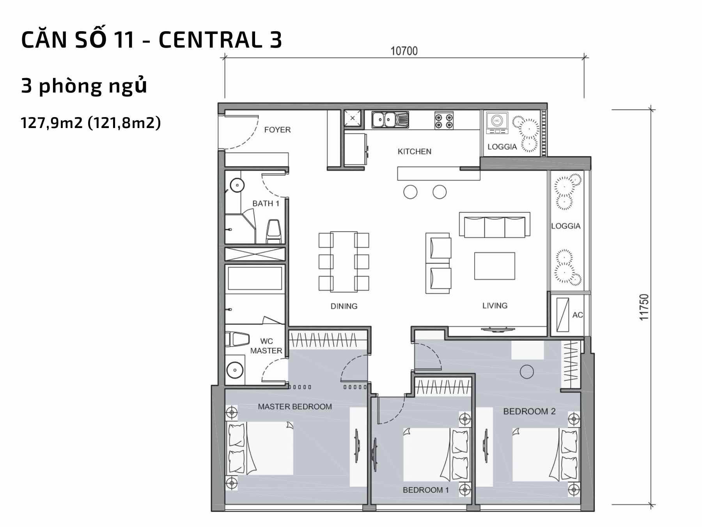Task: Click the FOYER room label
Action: click(277, 130)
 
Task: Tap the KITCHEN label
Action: click(414, 151)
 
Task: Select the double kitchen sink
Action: click(390, 119)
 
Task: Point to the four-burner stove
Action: click(444, 120)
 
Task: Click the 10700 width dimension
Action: click(404, 51)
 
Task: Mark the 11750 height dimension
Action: click(644, 307)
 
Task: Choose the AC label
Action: click(578, 315)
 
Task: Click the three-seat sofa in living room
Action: click(494, 224)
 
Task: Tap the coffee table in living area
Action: click(495, 266)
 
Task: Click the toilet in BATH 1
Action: click(273, 231)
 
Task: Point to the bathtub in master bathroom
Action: click(255, 278)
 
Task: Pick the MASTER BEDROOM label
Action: click(295, 406)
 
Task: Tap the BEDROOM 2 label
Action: click(529, 411)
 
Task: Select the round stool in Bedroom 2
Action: click(526, 371)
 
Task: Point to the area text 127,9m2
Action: click(51, 123)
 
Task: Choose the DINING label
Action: click(344, 306)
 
